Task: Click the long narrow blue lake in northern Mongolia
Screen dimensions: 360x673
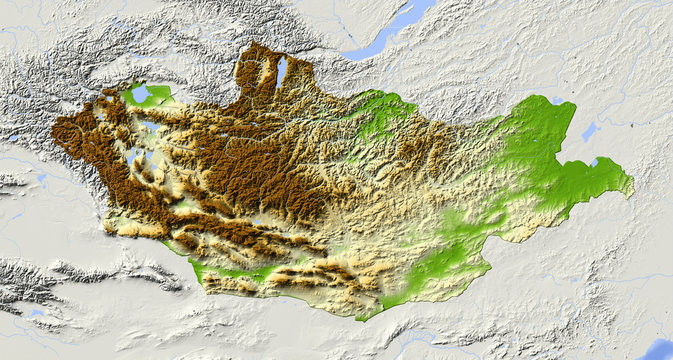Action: click(x=282, y=71)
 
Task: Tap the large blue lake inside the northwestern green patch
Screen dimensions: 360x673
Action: click(x=141, y=93)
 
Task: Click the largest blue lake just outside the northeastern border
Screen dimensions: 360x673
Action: click(x=589, y=131)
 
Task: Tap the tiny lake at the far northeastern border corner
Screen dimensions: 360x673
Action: click(x=557, y=100)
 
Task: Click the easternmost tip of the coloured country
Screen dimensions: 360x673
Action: click(x=632, y=183)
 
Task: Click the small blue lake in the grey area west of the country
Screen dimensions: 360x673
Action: click(x=41, y=178)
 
